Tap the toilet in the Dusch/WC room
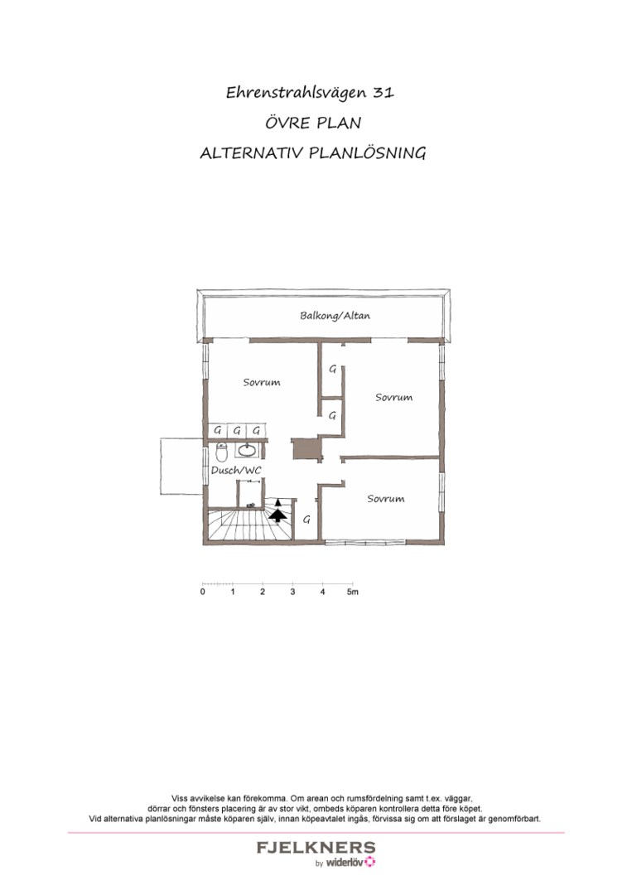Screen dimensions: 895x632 point(221,453)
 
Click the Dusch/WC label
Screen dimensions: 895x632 point(236,471)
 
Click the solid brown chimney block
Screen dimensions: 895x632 point(306,447)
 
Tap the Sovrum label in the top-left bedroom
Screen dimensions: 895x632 point(261,382)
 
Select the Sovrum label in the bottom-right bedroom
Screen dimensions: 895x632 point(385,499)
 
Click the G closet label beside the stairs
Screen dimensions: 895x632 point(306,520)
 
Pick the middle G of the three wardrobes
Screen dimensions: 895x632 point(237,430)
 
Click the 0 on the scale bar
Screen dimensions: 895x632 point(203,593)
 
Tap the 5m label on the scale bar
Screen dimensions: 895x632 point(352,593)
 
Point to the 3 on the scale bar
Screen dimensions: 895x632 point(292,593)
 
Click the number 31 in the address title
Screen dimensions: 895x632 point(384,93)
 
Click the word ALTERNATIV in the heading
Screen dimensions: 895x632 point(253,154)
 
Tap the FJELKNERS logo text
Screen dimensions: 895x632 point(316,848)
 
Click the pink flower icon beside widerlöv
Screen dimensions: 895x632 point(370,863)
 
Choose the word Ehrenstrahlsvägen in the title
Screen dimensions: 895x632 point(294,93)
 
